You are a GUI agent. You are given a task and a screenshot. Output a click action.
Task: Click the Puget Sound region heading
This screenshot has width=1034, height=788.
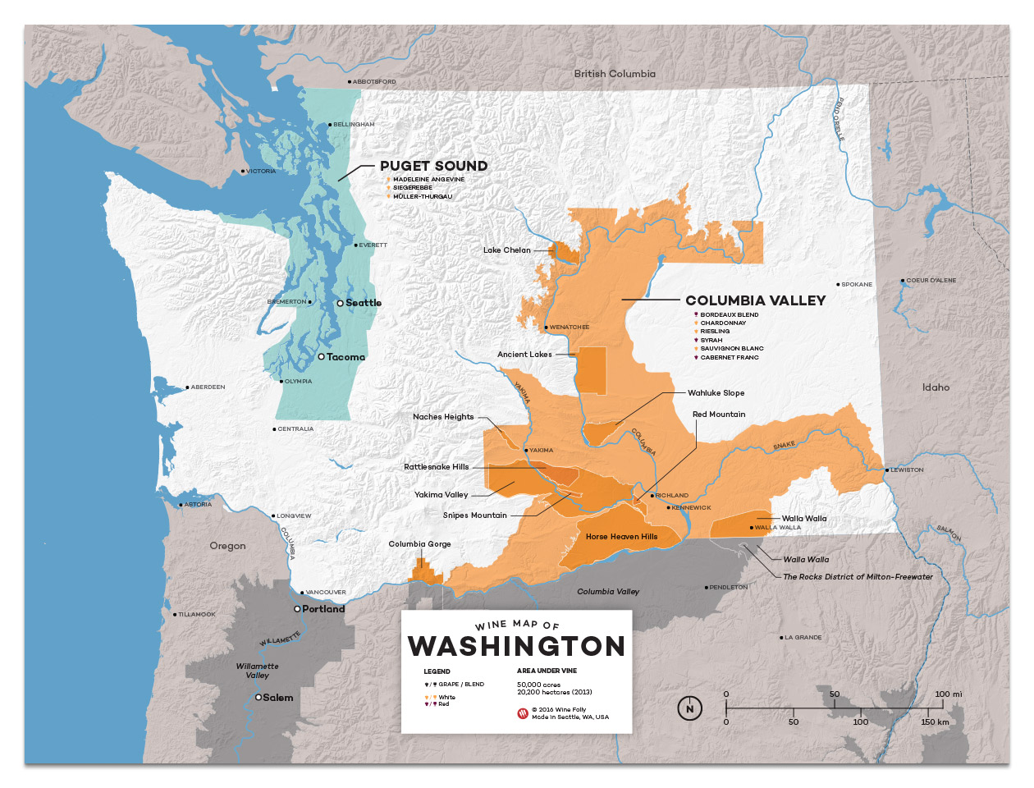433,166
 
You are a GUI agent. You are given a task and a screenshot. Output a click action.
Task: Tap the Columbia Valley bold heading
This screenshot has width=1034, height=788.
755,300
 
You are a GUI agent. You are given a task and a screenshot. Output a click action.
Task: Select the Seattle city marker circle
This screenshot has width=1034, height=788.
340,303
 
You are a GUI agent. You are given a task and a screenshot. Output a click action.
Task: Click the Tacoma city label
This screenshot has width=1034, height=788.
345,357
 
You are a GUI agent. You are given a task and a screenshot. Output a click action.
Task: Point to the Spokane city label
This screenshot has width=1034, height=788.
857,284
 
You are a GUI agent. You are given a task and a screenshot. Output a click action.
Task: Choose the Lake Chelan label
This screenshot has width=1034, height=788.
506,250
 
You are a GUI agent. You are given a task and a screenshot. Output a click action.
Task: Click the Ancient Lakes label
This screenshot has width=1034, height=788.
524,355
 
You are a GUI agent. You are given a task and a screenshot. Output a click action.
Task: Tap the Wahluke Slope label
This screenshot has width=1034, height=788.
716,393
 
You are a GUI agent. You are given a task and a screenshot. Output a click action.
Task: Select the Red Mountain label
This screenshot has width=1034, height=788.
719,415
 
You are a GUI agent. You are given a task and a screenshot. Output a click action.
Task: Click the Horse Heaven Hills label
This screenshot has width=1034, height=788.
621,537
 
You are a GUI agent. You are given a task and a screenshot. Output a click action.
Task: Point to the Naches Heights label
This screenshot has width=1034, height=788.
443,417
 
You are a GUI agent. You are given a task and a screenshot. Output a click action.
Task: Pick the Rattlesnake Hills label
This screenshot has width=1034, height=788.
436,467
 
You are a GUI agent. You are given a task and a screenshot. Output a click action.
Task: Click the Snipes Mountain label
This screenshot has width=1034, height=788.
474,515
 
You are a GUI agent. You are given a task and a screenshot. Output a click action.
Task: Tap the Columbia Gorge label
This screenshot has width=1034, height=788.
419,544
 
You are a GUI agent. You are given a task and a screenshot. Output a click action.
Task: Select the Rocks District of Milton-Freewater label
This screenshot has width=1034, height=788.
858,577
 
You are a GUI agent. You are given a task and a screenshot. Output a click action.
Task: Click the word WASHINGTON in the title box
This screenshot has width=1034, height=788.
516,647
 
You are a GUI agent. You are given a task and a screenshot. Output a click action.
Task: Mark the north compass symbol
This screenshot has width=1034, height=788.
689,708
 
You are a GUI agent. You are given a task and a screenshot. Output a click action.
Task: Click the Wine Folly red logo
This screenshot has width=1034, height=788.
523,713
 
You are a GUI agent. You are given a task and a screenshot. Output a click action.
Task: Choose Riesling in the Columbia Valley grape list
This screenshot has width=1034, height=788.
715,332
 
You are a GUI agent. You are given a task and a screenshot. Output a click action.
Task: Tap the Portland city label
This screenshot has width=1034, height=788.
323,609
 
